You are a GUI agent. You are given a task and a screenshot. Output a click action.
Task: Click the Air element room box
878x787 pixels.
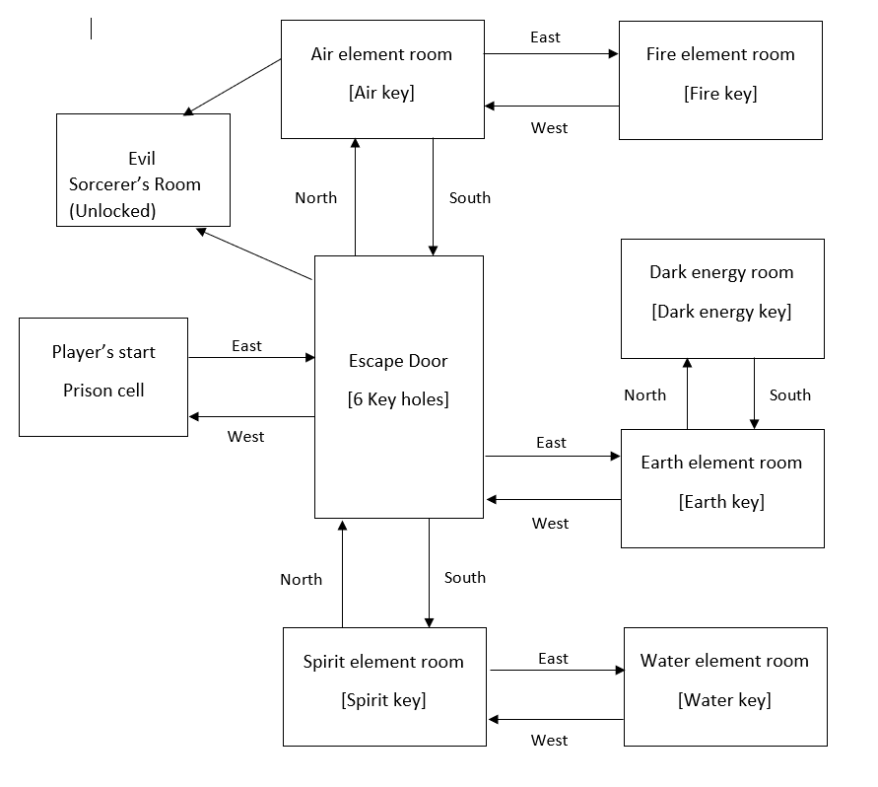pyautogui.click(x=382, y=79)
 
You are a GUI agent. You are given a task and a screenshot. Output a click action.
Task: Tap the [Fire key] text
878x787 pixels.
pyautogui.click(x=720, y=94)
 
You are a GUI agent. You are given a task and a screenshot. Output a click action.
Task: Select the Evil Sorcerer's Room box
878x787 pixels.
pyautogui.click(x=143, y=170)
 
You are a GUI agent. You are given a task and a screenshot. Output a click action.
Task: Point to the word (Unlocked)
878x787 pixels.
pyautogui.click(x=112, y=210)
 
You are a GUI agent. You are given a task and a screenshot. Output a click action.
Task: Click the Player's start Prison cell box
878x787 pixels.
pyautogui.click(x=103, y=377)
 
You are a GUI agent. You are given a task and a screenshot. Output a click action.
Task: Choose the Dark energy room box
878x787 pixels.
pyautogui.click(x=722, y=298)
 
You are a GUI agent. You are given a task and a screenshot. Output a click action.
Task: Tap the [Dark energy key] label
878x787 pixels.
pyautogui.click(x=721, y=312)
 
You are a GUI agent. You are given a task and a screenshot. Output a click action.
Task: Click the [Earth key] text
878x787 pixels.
pyautogui.click(x=721, y=502)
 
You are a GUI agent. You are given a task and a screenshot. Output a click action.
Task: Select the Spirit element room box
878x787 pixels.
pyautogui.click(x=383, y=686)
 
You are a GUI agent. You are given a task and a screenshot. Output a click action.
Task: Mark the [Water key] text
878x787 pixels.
pyautogui.click(x=724, y=700)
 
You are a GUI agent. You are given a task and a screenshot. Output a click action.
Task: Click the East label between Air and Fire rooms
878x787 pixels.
pyautogui.click(x=545, y=37)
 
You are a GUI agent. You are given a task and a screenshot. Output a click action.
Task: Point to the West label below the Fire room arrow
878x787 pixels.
pyautogui.click(x=549, y=128)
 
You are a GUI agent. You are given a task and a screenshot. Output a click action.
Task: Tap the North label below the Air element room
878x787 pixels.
pyautogui.click(x=315, y=198)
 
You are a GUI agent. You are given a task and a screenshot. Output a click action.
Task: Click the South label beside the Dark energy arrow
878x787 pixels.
pyautogui.click(x=790, y=395)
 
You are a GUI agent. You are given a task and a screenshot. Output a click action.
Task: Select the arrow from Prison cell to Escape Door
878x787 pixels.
pyautogui.click(x=251, y=358)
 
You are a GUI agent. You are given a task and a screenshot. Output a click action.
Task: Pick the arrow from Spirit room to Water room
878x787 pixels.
pyautogui.click(x=557, y=671)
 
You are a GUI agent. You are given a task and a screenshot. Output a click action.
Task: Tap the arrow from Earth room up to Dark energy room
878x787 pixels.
pyautogui.click(x=687, y=393)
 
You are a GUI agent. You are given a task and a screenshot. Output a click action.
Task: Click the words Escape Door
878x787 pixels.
pyautogui.click(x=398, y=361)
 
